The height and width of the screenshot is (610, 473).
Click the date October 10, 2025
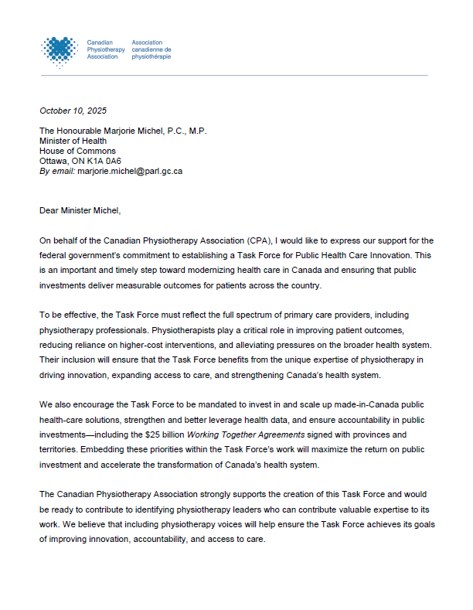(73, 111)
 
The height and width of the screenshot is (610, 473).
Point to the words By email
(57, 171)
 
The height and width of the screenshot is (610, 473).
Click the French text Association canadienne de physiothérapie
(151, 50)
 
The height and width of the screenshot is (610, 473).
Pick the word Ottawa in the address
(53, 161)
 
